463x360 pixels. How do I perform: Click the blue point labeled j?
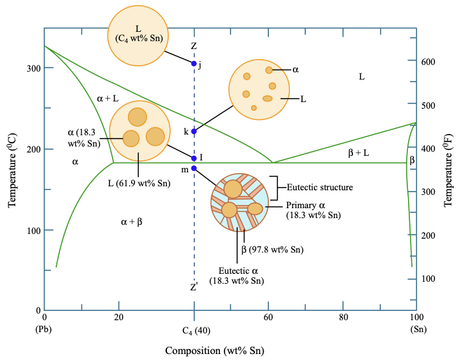pyautogui.click(x=194, y=64)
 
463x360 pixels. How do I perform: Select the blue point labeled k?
pyautogui.click(x=194, y=131)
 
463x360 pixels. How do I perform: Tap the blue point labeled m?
pyautogui.click(x=194, y=168)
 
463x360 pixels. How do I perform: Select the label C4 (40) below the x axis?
pyautogui.click(x=194, y=330)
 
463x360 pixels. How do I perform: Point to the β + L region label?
pyautogui.click(x=358, y=153)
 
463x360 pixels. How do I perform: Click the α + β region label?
pyautogui.click(x=131, y=223)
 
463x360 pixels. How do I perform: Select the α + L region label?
pyautogui.click(x=107, y=98)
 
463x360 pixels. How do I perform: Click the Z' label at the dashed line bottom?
pyautogui.click(x=194, y=288)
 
